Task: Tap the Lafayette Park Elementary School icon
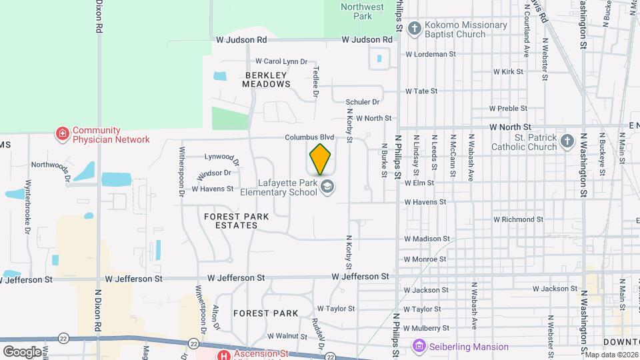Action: tap(327, 187)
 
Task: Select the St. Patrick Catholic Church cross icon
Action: tap(567, 141)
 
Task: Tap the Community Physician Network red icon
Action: tap(63, 135)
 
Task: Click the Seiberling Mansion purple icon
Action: tap(419, 346)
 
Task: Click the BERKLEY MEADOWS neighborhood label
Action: tap(267, 79)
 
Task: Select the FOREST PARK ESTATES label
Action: tap(231, 221)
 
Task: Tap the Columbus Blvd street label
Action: tap(309, 137)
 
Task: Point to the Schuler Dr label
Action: tap(363, 102)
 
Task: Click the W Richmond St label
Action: tap(518, 219)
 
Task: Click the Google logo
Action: tap(22, 351)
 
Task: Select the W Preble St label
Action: tap(508, 108)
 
